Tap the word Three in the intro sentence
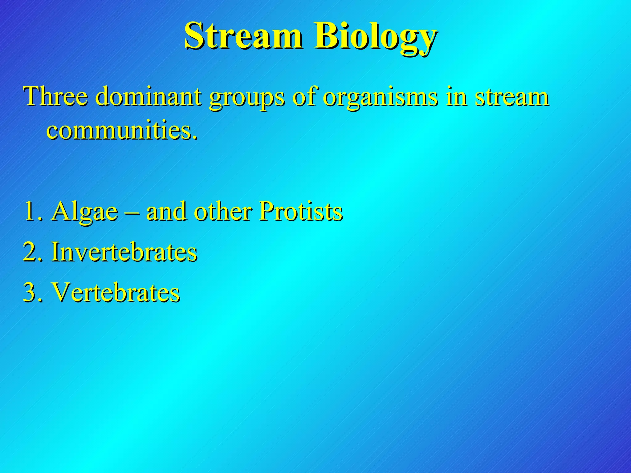point(55,96)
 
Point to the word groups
point(247,98)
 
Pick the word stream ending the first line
point(512,97)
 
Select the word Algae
point(84,212)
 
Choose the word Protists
point(300,211)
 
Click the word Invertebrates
point(124,252)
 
